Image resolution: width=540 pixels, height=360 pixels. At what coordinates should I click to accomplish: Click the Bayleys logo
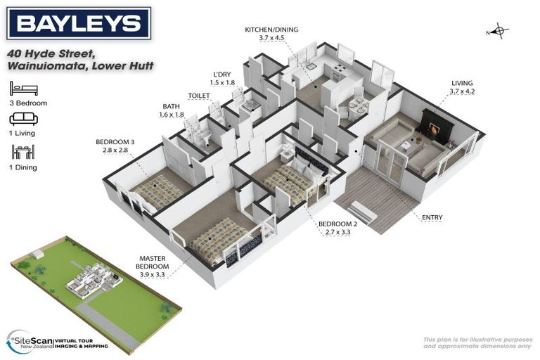tap(79, 24)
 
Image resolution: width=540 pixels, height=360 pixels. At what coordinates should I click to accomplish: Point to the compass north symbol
tap(499, 32)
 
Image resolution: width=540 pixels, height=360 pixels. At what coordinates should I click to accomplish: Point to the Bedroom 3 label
tap(115, 146)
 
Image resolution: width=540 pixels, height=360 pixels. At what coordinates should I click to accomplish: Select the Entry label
tap(432, 218)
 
